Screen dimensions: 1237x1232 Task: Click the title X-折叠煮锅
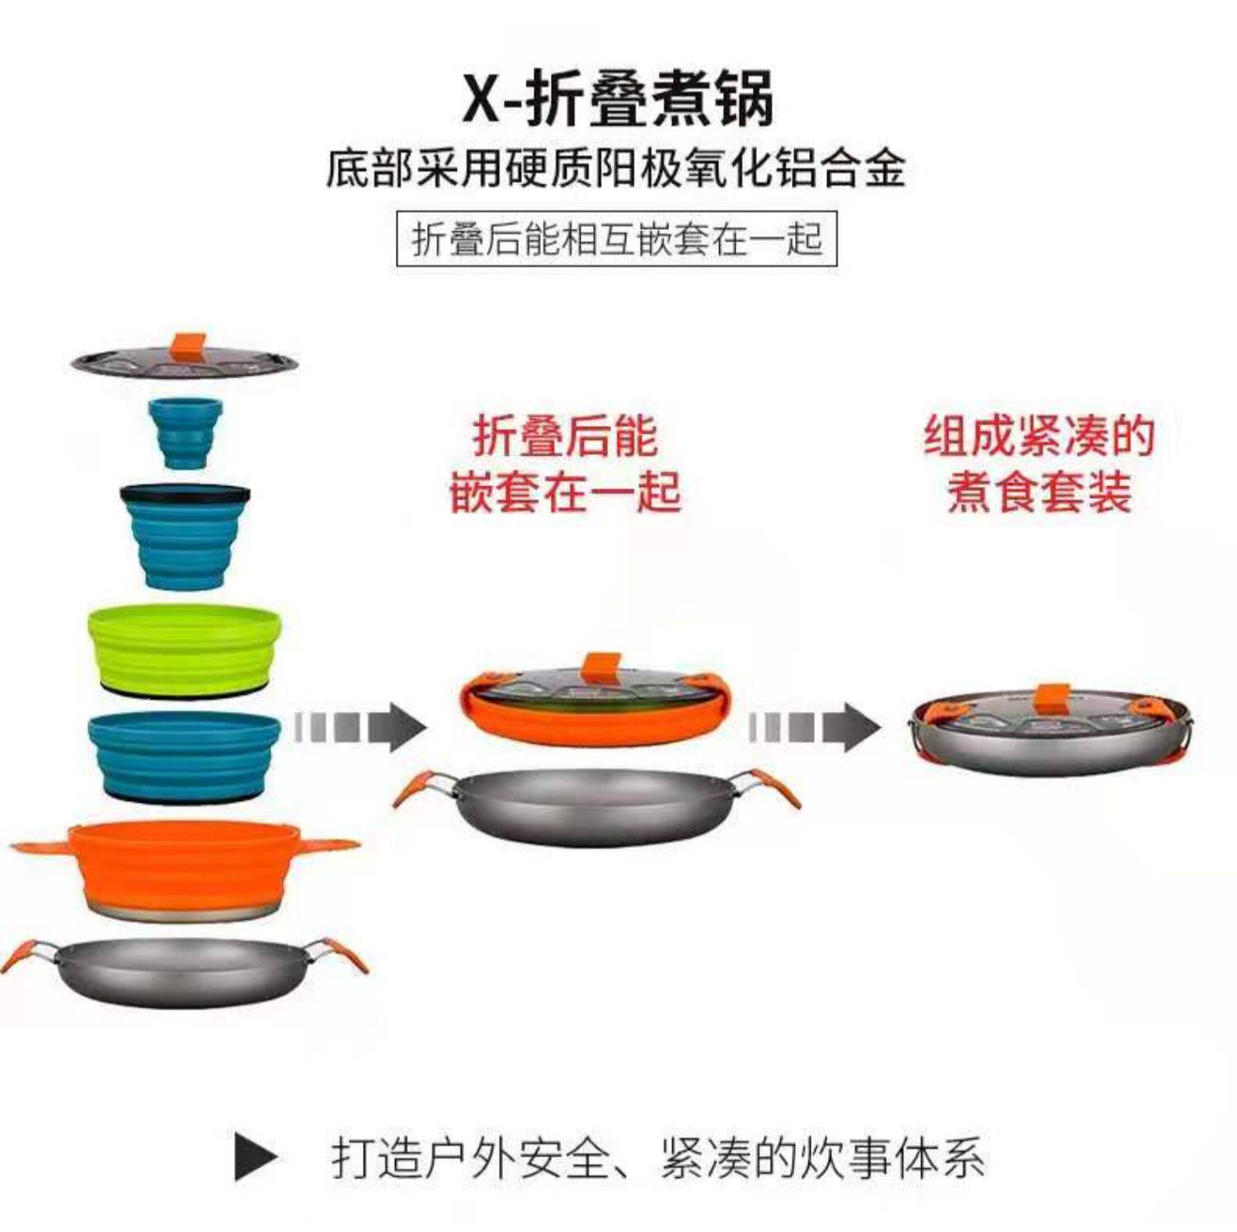pyautogui.click(x=618, y=100)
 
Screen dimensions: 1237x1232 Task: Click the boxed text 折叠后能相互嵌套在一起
pyautogui.click(x=617, y=240)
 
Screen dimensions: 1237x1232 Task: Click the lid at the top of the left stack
pyautogui.click(x=184, y=363)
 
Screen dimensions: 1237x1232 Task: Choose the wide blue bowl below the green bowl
pyautogui.click(x=185, y=756)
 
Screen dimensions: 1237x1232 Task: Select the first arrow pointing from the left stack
pyautogui.click(x=360, y=728)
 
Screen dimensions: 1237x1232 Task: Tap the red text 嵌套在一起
pyautogui.click(x=565, y=492)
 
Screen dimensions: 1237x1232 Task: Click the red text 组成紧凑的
pyautogui.click(x=1038, y=437)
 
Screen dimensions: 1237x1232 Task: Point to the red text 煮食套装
pyautogui.click(x=1038, y=492)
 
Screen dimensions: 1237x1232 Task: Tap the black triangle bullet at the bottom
pyautogui.click(x=255, y=1158)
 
